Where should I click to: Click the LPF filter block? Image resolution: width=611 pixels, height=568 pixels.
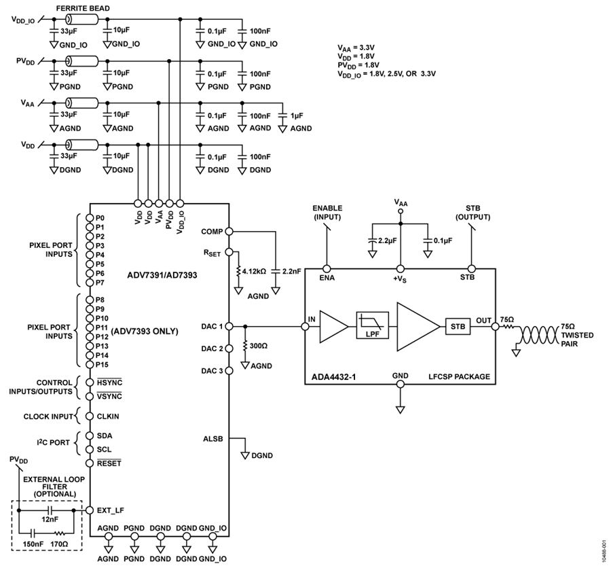pyautogui.click(x=373, y=325)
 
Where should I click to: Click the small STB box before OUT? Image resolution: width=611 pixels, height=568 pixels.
pyautogui.click(x=458, y=327)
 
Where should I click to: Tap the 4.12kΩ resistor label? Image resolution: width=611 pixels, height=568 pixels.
pyautogui.click(x=254, y=271)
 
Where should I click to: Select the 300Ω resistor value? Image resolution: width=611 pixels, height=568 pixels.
pyautogui.click(x=259, y=346)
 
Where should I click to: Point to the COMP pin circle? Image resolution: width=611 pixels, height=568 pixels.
pyautogui.click(x=229, y=231)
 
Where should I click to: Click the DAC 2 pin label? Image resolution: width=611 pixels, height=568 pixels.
pyautogui.click(x=212, y=349)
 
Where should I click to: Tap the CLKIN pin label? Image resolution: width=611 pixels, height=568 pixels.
pyautogui.click(x=108, y=416)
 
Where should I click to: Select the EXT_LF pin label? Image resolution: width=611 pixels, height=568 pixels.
pyautogui.click(x=110, y=510)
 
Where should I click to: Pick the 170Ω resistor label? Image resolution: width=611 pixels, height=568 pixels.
pyautogui.click(x=58, y=544)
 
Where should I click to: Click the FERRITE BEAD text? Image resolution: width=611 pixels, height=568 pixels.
pyautogui.click(x=83, y=8)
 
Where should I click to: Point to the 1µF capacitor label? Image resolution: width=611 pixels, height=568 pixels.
pyautogui.click(x=297, y=116)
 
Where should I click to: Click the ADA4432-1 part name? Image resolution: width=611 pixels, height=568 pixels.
pyautogui.click(x=333, y=377)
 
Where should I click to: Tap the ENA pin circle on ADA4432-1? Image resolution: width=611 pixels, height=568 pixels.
pyautogui.click(x=327, y=268)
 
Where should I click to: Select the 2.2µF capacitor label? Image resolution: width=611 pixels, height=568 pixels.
pyautogui.click(x=387, y=241)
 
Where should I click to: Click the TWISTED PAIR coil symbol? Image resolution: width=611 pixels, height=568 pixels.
pyautogui.click(x=539, y=335)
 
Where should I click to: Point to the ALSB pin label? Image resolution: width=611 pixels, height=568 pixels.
pyautogui.click(x=212, y=439)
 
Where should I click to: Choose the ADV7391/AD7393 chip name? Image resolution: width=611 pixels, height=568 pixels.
pyautogui.click(x=162, y=275)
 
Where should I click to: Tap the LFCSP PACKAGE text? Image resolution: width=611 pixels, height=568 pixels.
pyautogui.click(x=459, y=377)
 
